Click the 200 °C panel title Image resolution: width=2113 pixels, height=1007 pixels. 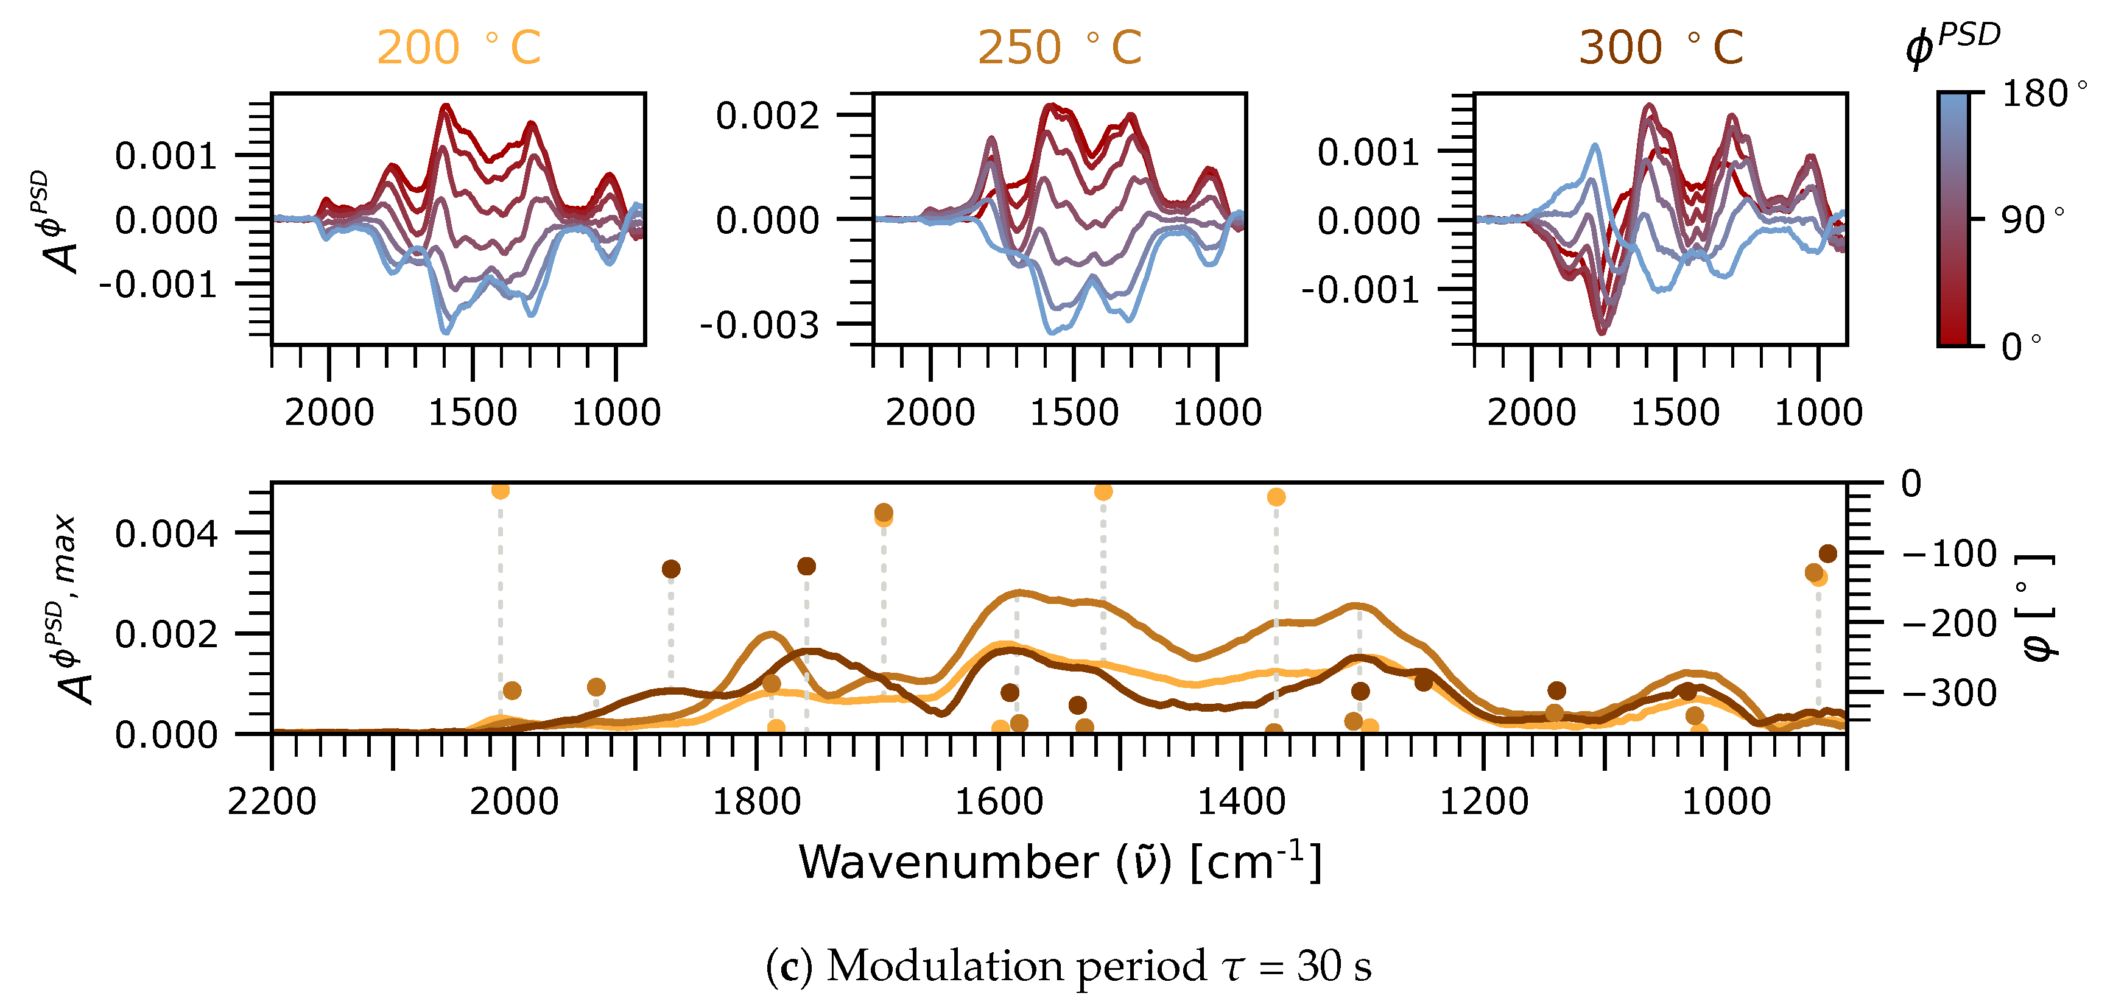point(459,47)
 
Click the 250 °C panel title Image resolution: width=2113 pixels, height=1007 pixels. point(1059,47)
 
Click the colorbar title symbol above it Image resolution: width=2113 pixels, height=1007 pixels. point(1952,45)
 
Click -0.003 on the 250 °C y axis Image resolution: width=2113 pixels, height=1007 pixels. point(759,326)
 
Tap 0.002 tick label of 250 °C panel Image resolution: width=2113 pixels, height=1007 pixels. point(767,116)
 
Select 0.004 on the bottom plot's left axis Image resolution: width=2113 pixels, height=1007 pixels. point(166,534)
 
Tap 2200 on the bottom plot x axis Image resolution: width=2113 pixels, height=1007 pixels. point(272,801)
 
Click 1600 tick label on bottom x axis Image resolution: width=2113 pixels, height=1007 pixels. point(999,801)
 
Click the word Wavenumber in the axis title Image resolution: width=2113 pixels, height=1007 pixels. point(948,863)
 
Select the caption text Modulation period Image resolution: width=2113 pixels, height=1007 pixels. point(1016,966)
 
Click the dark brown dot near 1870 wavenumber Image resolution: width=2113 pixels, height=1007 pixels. point(671,569)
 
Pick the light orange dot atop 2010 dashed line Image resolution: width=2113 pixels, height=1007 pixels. point(501,490)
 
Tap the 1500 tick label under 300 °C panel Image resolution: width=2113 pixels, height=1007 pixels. point(1675,412)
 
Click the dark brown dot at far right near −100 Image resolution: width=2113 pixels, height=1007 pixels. point(1827,553)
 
